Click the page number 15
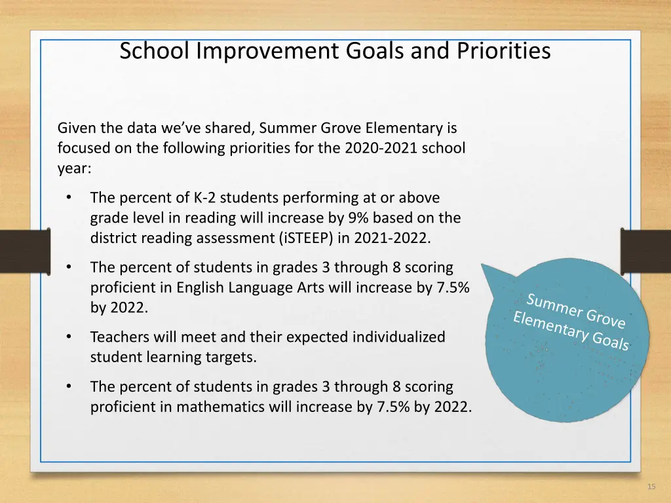(x=651, y=487)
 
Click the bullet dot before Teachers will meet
(x=68, y=337)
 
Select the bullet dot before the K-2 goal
(x=68, y=197)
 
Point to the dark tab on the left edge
(x=24, y=251)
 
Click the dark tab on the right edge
(x=646, y=251)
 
